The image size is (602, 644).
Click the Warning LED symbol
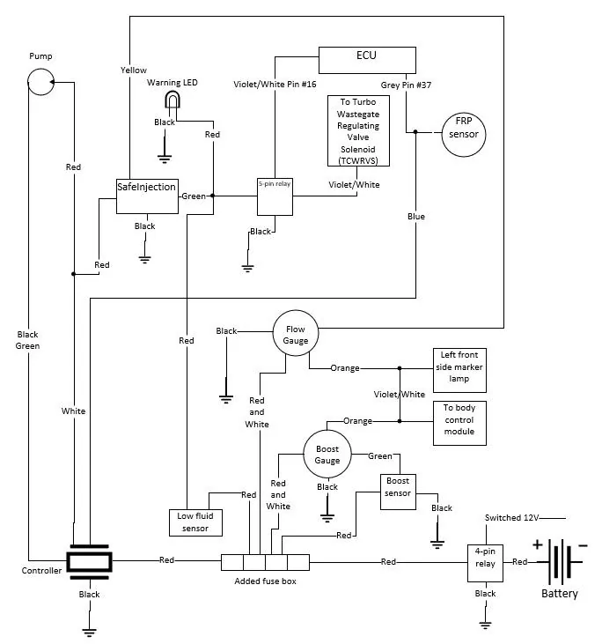pyautogui.click(x=173, y=100)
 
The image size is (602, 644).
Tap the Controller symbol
pyautogui.click(x=90, y=562)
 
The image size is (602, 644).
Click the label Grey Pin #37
pyautogui.click(x=406, y=85)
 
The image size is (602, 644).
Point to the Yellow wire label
pyautogui.click(x=134, y=70)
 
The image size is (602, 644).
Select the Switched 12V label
pyautogui.click(x=511, y=517)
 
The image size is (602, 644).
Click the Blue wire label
pyautogui.click(x=416, y=217)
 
